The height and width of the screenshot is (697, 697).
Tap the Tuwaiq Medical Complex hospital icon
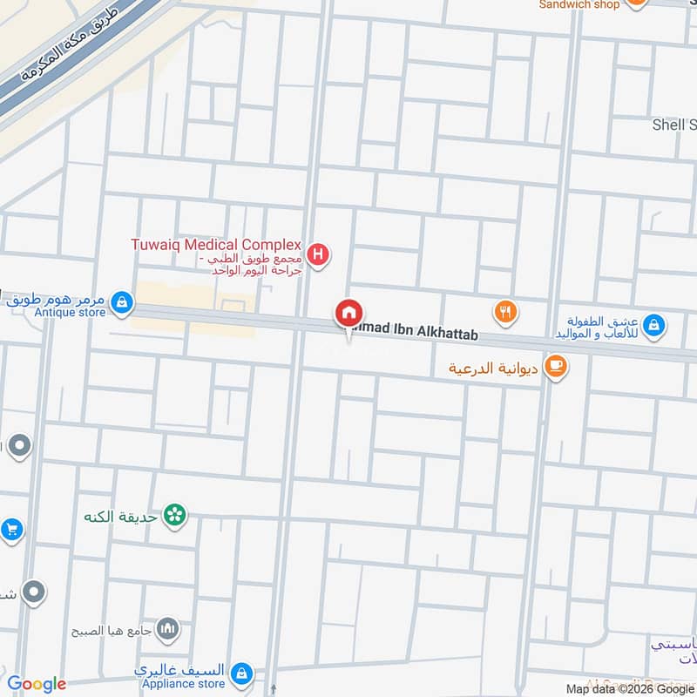pyautogui.click(x=320, y=255)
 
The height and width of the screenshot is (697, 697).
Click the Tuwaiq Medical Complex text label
pyautogui.click(x=216, y=245)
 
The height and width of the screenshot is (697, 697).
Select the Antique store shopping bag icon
pyautogui.click(x=123, y=301)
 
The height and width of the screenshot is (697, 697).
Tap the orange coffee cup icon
pyautogui.click(x=556, y=367)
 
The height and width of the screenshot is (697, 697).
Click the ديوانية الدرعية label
pyautogui.click(x=494, y=369)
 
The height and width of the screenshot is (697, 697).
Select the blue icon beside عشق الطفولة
pyautogui.click(x=655, y=327)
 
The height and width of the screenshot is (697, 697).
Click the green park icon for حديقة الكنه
pyautogui.click(x=175, y=516)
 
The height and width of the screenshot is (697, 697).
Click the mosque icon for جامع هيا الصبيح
pyautogui.click(x=168, y=628)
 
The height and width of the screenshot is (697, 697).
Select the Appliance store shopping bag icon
pyautogui.click(x=242, y=673)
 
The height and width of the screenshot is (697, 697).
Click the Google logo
pyautogui.click(x=37, y=685)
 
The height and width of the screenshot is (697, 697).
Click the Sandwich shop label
pyautogui.click(x=579, y=4)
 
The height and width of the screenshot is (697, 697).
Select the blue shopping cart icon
pyautogui.click(x=10, y=529)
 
